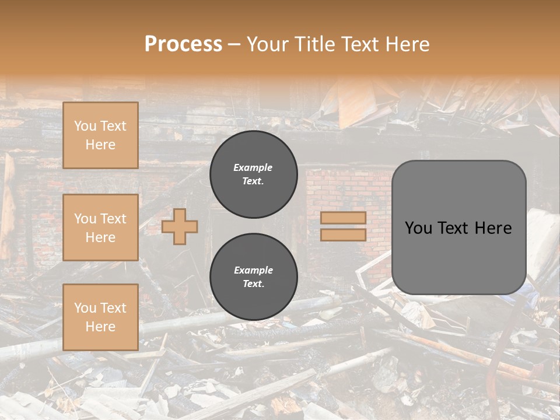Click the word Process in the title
click(x=183, y=44)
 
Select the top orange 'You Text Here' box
click(x=100, y=135)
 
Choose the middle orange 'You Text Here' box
click(x=100, y=228)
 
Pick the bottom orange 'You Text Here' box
click(x=100, y=317)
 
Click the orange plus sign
click(x=180, y=226)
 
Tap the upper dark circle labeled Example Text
click(x=254, y=174)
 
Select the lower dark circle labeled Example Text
click(x=254, y=277)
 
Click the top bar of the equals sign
click(x=343, y=218)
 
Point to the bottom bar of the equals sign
click(x=343, y=235)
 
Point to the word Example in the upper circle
click(x=253, y=167)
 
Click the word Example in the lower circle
click(x=253, y=270)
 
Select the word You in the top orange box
click(x=85, y=126)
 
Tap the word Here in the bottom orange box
click(x=100, y=327)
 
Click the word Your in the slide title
click(x=268, y=44)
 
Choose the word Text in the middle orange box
click(x=113, y=219)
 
